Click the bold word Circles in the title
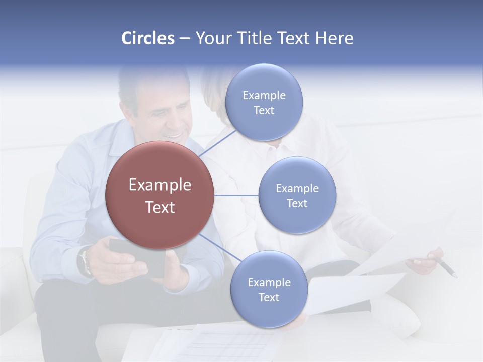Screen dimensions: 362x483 point(147,38)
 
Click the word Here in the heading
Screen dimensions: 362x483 point(334,38)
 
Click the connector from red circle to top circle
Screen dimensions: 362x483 point(217,143)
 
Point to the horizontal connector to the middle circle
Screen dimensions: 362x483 point(236,195)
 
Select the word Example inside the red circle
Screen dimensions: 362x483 point(160,185)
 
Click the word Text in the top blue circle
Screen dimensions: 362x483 point(264,111)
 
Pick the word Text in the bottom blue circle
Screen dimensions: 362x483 point(269,298)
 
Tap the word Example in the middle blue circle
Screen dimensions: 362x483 point(297,189)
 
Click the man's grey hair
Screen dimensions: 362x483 point(131,85)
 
